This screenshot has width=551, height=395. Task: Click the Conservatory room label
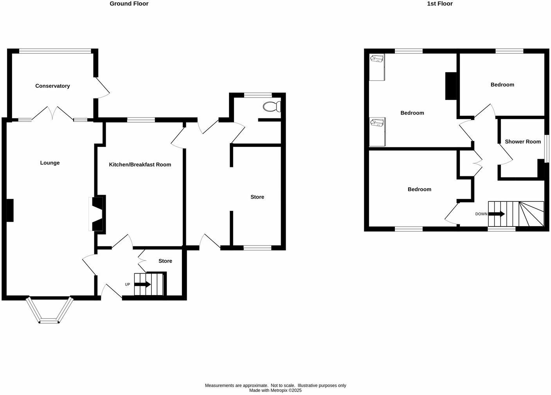[x=52, y=86]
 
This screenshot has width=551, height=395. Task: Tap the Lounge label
[x=50, y=163]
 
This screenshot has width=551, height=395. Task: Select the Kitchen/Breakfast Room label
[x=140, y=165]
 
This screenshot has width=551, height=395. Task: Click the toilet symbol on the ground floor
[x=272, y=106]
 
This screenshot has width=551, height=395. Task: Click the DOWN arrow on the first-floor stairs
[x=496, y=214]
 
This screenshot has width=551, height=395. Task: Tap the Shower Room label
[x=522, y=141]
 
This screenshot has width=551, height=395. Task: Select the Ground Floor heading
[x=129, y=4]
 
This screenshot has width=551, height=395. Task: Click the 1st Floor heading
[x=440, y=4]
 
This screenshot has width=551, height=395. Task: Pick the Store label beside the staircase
[x=165, y=261]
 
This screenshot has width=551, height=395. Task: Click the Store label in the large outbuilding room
[x=257, y=197]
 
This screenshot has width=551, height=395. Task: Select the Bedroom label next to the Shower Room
[x=502, y=85]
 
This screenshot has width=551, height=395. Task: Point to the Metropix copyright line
[x=275, y=390]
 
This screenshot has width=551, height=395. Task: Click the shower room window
[x=547, y=149]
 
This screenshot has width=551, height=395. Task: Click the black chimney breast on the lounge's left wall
[x=10, y=210]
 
